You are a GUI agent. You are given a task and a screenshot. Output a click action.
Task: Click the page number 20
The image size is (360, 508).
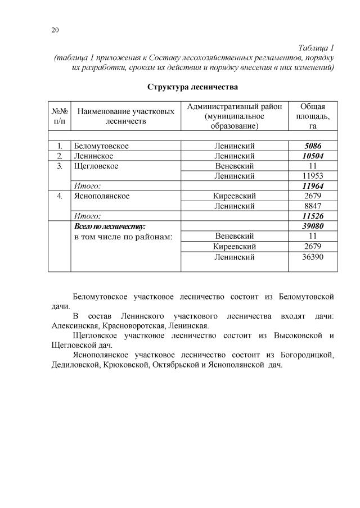pyautogui.click(x=55, y=30)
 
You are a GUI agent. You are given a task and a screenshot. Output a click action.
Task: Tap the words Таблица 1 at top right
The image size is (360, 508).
pyautogui.click(x=316, y=48)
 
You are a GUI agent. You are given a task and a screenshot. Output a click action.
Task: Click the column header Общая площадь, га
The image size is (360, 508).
pyautogui.click(x=312, y=116)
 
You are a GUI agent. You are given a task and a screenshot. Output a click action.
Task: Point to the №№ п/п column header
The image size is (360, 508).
pyautogui.click(x=59, y=116)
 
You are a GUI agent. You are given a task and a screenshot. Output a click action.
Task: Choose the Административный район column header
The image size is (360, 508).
pyautogui.click(x=234, y=116)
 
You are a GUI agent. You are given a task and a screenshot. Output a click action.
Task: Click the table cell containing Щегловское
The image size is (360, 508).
pyautogui.click(x=96, y=166)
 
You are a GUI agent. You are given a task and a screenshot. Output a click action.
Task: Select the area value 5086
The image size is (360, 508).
pyautogui.click(x=312, y=146)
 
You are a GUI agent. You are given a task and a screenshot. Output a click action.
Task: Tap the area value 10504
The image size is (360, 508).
pyautogui.click(x=312, y=156)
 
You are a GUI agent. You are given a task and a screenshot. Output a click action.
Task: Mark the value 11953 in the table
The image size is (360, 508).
pyautogui.click(x=312, y=176)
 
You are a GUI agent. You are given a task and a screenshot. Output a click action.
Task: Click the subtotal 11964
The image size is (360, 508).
pyautogui.click(x=312, y=186)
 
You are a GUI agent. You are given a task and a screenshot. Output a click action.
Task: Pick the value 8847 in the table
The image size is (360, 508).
pyautogui.click(x=312, y=206)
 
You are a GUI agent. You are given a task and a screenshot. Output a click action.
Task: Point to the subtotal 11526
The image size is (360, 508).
pyautogui.click(x=312, y=216)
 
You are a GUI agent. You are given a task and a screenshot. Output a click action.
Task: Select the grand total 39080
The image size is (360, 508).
pyautogui.click(x=312, y=226)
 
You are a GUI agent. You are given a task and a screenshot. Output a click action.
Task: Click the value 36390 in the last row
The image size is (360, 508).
pyautogui.click(x=312, y=257)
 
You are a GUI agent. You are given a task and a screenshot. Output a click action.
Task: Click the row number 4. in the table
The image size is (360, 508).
pyautogui.click(x=59, y=196)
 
